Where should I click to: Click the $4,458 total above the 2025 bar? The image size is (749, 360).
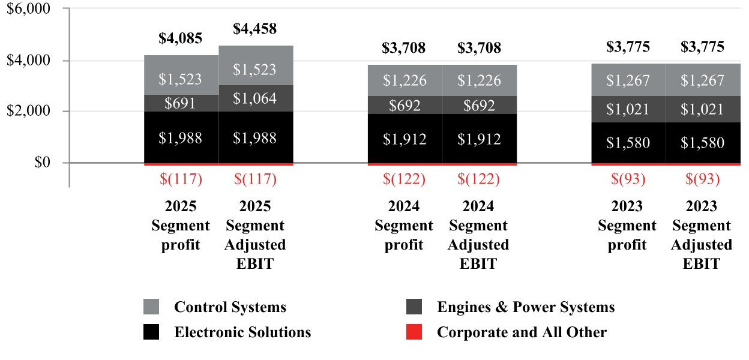[x=255, y=29]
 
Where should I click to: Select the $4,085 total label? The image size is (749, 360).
[x=181, y=38]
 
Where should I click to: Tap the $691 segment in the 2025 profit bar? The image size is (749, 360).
[x=181, y=103]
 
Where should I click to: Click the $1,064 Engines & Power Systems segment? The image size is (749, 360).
[x=255, y=98]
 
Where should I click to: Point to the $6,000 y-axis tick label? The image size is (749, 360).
[x=30, y=9]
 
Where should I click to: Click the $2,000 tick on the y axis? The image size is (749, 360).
[x=30, y=112]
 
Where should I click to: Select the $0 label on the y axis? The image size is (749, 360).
[x=41, y=163]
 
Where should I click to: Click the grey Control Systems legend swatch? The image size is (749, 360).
[x=151, y=307]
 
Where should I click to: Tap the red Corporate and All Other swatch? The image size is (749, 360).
[x=414, y=332]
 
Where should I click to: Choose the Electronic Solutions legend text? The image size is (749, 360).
[x=242, y=332]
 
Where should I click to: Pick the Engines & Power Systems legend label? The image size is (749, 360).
[x=526, y=307]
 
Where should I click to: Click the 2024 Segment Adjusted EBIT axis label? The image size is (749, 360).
[x=479, y=235]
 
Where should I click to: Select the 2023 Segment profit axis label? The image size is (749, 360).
[x=627, y=226]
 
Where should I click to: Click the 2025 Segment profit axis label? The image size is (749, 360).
[x=181, y=226]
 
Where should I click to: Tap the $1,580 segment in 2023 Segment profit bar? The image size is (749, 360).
[x=627, y=143]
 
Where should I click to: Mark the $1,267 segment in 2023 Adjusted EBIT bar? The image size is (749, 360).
[x=702, y=80]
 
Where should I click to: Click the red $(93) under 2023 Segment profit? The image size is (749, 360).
[x=627, y=179]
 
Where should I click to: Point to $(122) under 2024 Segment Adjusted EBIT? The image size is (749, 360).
[x=479, y=179]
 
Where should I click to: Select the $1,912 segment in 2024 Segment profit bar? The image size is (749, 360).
[x=405, y=139]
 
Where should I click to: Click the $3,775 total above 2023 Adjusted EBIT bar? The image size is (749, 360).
[x=702, y=47]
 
